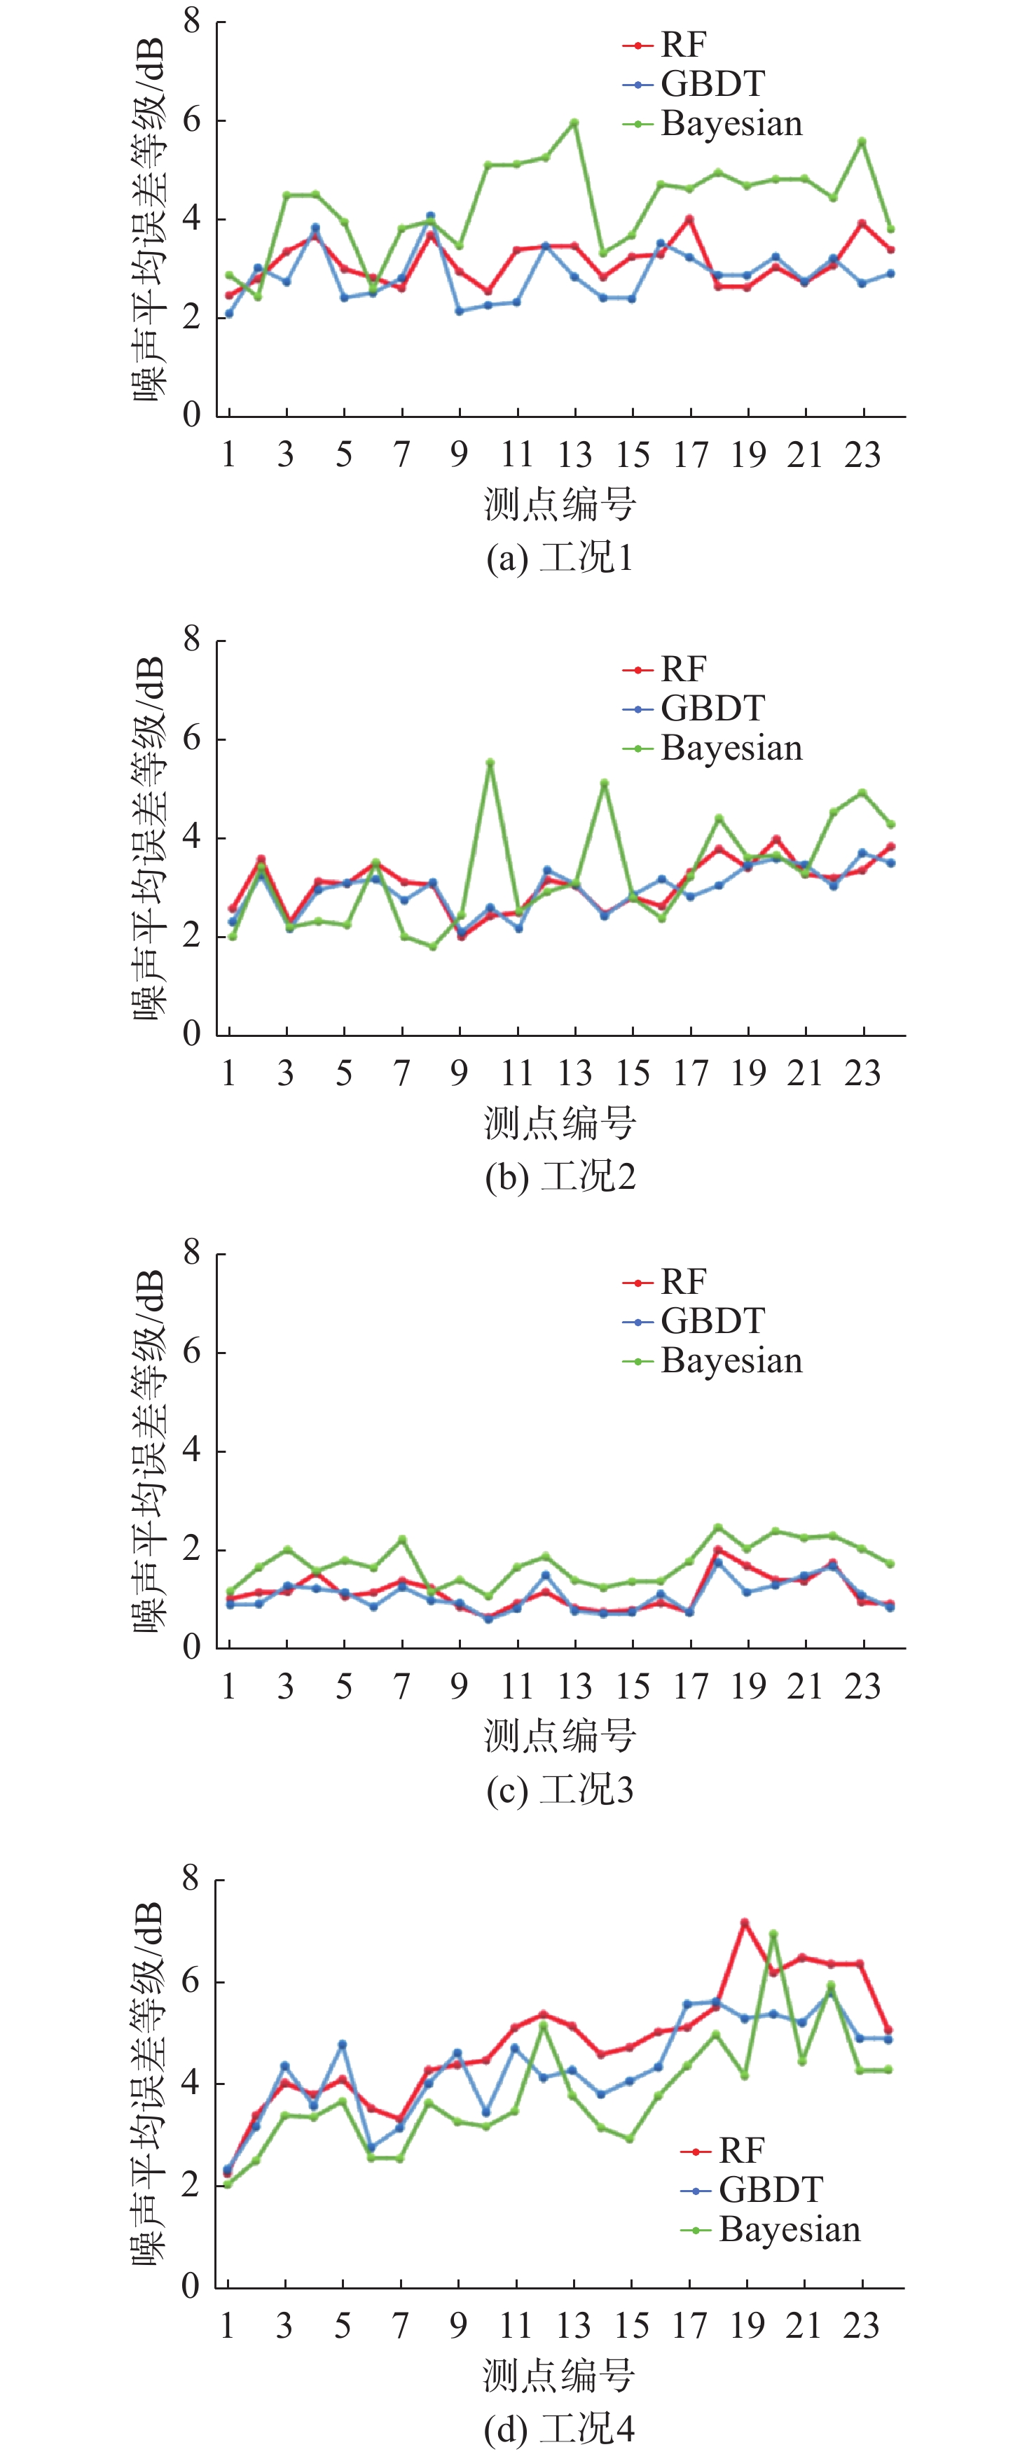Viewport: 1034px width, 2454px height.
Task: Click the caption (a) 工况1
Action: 560,557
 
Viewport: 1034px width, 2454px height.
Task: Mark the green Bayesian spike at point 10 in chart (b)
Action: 490,763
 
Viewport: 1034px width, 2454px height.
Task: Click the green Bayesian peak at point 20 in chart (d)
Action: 773,1934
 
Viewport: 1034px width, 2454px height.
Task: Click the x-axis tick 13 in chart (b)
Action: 574,1073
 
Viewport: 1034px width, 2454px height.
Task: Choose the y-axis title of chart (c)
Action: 150,1450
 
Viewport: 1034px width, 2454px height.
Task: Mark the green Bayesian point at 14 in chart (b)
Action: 604,783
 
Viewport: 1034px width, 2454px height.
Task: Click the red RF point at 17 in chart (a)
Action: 689,219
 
